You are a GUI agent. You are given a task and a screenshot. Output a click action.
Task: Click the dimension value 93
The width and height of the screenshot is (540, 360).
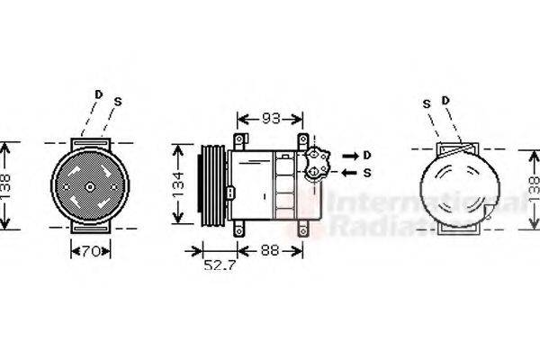[271, 119]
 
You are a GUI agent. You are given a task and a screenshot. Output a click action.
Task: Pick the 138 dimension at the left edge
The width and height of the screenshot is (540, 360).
[7, 185]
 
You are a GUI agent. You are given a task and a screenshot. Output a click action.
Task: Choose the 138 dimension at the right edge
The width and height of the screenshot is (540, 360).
[532, 187]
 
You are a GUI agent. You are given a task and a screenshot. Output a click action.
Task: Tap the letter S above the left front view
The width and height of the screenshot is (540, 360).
[118, 102]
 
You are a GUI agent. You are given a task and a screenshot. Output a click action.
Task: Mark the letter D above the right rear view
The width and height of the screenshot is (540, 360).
[445, 98]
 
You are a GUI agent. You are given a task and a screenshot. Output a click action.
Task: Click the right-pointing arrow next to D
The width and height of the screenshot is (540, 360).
[350, 154]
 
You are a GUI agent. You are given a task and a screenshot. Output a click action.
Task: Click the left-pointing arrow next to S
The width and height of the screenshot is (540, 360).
[350, 172]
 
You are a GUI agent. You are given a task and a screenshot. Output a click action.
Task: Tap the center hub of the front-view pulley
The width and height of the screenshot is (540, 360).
[90, 186]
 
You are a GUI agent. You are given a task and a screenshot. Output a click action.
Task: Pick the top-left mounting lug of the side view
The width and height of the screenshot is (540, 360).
[239, 141]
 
